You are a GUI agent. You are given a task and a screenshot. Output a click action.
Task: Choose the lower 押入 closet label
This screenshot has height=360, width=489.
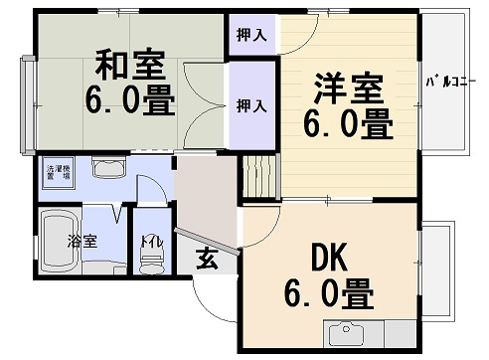coord(250,103)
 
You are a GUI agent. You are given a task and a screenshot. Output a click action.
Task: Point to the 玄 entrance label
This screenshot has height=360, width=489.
coord(207,260)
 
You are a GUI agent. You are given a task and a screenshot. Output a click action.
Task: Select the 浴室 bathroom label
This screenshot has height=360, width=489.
coord(81,241)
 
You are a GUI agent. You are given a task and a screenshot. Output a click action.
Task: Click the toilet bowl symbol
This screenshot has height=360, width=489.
coord(151,263)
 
